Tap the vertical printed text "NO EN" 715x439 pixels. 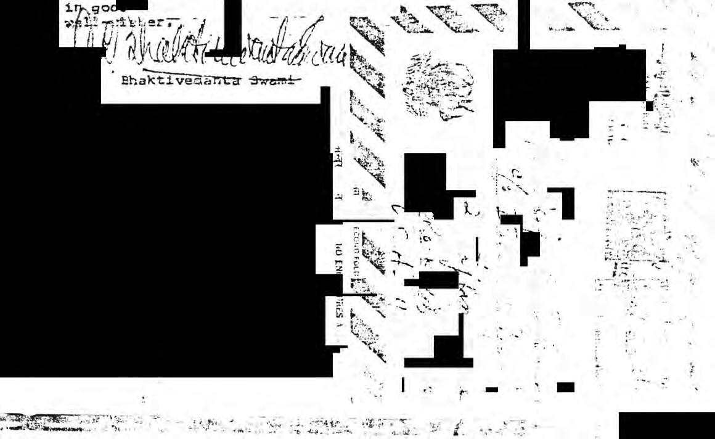[338, 259]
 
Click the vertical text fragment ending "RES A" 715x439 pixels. [338, 318]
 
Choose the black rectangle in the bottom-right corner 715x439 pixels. [666, 425]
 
